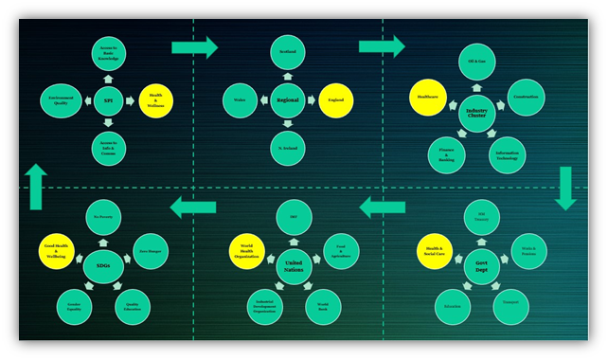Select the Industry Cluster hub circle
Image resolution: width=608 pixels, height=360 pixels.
(x=476, y=114)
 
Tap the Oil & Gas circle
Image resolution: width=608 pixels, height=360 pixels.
(x=476, y=62)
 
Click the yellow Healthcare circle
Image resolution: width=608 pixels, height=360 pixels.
(x=427, y=97)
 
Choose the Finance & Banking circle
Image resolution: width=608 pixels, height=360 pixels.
(x=446, y=154)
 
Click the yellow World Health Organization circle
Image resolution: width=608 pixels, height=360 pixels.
(x=248, y=251)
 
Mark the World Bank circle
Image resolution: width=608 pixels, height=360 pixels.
(x=323, y=306)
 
